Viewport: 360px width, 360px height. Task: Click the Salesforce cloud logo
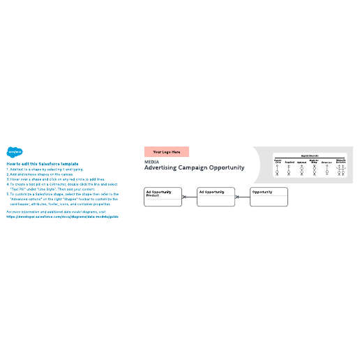pos(13,151)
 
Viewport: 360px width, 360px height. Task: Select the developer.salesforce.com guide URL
pos(62,216)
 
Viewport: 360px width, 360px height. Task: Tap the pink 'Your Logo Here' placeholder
pos(167,151)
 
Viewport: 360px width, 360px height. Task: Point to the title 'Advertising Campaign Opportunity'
pos(194,168)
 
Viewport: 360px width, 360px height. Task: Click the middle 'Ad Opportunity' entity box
pos(216,197)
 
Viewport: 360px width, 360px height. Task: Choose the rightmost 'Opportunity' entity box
pos(269,197)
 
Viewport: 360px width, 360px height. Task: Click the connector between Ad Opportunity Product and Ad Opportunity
pos(189,197)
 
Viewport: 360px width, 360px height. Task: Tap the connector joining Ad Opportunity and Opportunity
pos(242,197)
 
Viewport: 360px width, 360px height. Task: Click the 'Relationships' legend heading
pos(309,155)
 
